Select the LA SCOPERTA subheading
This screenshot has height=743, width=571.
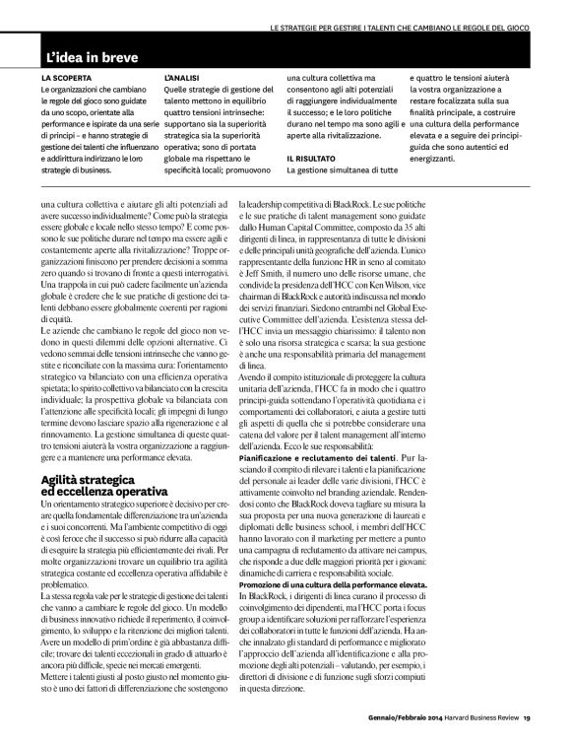[x=66, y=75]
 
